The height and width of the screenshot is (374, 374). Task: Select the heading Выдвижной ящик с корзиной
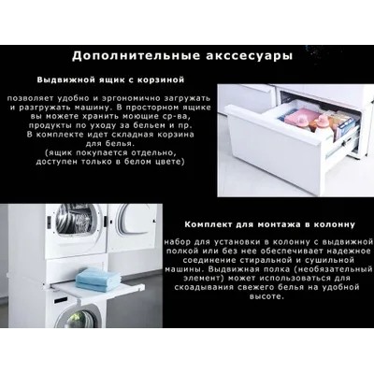110,80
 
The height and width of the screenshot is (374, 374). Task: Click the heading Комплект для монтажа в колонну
269,224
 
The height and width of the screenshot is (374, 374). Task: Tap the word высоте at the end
266,296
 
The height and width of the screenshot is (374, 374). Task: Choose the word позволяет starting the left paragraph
30,99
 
